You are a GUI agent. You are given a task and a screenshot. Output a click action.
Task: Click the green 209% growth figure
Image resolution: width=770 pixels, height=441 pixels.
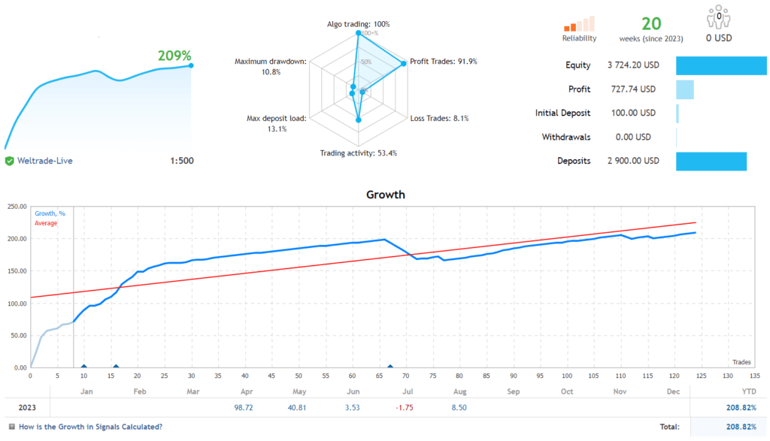(x=174, y=56)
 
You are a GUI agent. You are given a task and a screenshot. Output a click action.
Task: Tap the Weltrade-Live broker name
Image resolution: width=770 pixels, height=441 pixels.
(x=44, y=161)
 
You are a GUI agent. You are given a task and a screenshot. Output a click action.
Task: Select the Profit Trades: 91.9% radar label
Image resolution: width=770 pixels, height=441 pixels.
(x=444, y=62)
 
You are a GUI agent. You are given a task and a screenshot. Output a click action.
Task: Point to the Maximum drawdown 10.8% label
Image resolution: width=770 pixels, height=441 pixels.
(x=270, y=66)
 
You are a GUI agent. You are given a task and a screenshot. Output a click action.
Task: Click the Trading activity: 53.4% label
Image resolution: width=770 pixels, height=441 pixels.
(x=358, y=153)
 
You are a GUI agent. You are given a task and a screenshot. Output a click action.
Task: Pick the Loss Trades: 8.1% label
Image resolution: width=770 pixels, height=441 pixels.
(x=439, y=118)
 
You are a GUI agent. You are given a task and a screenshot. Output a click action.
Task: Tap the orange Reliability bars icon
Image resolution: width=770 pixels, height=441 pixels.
(x=579, y=23)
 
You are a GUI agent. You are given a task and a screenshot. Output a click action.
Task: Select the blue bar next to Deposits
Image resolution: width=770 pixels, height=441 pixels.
(x=711, y=161)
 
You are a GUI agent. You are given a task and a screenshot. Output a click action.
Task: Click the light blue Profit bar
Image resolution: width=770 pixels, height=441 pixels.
(x=684, y=89)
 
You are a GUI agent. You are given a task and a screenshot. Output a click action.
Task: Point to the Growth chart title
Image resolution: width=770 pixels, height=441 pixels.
(x=385, y=195)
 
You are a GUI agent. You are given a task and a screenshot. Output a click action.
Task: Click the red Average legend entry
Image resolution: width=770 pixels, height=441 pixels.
(x=46, y=223)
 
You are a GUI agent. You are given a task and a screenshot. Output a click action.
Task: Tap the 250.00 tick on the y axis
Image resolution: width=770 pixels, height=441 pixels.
(x=17, y=207)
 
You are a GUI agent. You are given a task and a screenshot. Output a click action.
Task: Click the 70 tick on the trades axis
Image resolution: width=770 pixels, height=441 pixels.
(x=407, y=375)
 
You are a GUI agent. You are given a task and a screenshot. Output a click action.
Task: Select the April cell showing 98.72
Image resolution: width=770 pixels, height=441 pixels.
(x=245, y=408)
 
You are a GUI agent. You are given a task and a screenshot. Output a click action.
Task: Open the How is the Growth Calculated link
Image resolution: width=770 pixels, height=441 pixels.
(x=89, y=427)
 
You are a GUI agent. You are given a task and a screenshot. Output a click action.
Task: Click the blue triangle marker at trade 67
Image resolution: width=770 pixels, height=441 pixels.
(x=390, y=367)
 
